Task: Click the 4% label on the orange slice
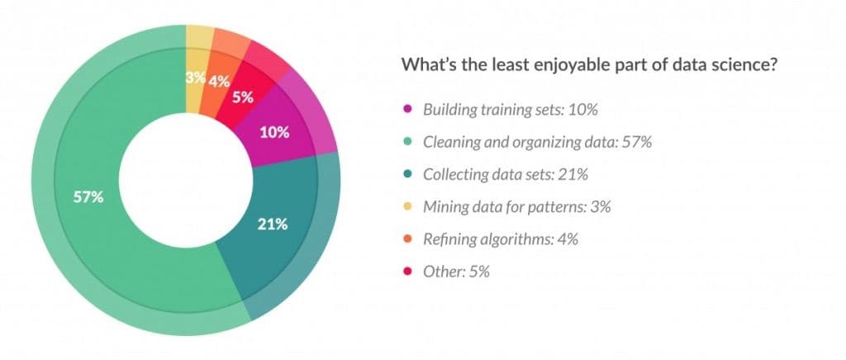[x=218, y=82]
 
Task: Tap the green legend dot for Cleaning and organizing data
[x=406, y=142]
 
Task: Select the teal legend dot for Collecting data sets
[x=406, y=174]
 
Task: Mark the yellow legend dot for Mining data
[x=406, y=207]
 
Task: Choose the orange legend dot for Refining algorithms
[x=406, y=239]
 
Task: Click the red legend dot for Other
[x=406, y=272]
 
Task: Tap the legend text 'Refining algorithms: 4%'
[x=500, y=239]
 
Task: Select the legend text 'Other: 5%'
[x=456, y=272]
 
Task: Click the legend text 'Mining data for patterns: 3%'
[x=516, y=207]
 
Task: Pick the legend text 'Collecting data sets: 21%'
[x=506, y=174]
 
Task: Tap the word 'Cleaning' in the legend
[x=451, y=142]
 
